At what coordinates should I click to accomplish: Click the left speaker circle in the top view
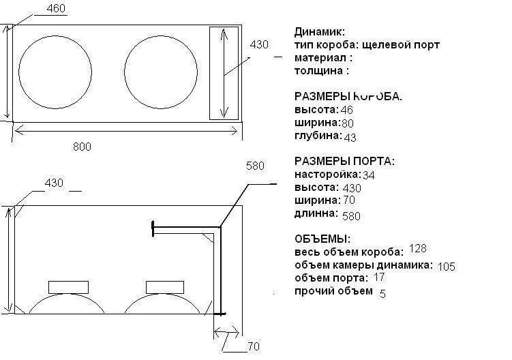(19, 72)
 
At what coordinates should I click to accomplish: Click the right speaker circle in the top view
(124, 72)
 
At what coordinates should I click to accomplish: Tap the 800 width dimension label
(82, 147)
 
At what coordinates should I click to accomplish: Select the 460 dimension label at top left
(56, 8)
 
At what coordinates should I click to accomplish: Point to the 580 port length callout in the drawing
(255, 166)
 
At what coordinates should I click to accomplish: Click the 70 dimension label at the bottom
(254, 346)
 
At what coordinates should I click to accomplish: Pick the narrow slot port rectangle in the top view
(210, 73)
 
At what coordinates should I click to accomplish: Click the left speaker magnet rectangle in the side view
(68, 287)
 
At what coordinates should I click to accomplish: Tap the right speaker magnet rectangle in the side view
(165, 287)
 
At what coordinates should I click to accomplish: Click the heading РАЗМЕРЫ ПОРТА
(344, 161)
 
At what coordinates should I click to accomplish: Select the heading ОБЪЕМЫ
(322, 239)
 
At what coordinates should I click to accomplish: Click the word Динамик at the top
(319, 31)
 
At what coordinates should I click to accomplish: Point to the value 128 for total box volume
(418, 249)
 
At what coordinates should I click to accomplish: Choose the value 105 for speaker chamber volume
(446, 267)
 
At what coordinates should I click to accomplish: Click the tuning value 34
(369, 175)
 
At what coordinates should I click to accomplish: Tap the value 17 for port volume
(379, 277)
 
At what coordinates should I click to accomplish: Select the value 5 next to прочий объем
(382, 294)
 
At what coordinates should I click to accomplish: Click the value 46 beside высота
(346, 110)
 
